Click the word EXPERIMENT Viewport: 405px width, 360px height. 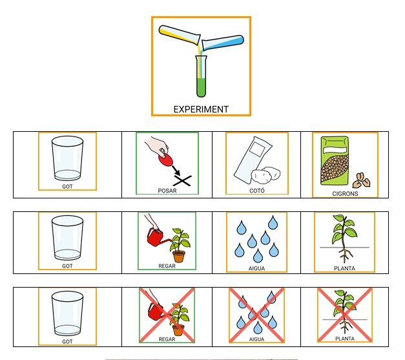pos(201,109)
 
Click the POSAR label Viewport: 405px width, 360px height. pos(167,191)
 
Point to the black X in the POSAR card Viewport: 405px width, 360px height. pos(183,180)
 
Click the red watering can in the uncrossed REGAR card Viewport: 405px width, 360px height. pos(156,238)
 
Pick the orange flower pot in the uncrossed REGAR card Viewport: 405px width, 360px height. pos(178,256)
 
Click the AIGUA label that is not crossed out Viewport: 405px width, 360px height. pos(256,268)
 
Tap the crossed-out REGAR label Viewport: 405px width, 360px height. pos(167,339)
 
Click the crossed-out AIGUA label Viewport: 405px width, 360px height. pos(256,339)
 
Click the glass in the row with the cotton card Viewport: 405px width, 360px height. pos(67,158)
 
